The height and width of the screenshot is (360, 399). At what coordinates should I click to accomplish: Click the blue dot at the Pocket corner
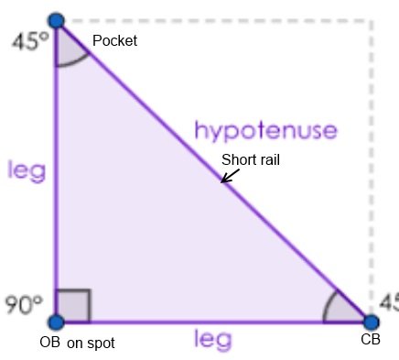(x=56, y=20)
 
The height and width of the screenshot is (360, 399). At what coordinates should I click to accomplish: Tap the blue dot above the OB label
(x=56, y=322)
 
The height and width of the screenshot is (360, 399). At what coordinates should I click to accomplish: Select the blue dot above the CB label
(x=371, y=322)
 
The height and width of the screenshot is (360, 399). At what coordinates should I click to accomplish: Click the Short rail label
(x=252, y=158)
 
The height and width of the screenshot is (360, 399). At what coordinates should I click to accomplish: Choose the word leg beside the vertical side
(x=26, y=169)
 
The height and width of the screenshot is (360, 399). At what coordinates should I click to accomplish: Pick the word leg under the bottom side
(x=212, y=340)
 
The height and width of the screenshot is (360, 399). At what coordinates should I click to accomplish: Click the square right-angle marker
(x=73, y=306)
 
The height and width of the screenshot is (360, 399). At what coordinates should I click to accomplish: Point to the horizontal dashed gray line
(x=220, y=19)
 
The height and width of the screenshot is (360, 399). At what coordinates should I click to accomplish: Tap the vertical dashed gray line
(x=371, y=165)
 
